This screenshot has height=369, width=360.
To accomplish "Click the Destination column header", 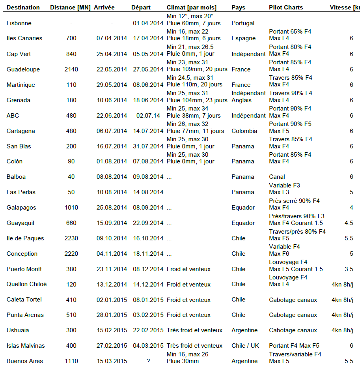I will (23, 7).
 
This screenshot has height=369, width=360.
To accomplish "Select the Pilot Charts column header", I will (286, 7).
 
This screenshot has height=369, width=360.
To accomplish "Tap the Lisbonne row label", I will (19, 23).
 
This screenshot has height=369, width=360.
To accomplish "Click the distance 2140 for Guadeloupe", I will (71, 69).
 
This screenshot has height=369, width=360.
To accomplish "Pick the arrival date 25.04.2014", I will (112, 54).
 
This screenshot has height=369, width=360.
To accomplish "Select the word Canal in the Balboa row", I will (277, 177).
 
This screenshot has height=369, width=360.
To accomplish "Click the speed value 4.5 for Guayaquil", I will (349, 223).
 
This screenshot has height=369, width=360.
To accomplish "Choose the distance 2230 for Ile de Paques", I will (71, 238).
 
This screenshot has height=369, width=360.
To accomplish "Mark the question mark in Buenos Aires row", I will (148, 361).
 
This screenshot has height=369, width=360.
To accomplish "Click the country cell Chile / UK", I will (245, 346).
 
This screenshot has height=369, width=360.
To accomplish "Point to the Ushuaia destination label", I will (18, 330).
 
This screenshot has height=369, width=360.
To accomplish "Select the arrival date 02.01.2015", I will (112, 300).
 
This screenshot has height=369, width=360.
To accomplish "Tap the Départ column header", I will (141, 7).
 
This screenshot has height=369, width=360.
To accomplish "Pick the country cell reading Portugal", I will (243, 23).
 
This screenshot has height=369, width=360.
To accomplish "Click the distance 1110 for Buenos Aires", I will (71, 361).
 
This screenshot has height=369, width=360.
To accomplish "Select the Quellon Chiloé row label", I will (27, 285).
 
